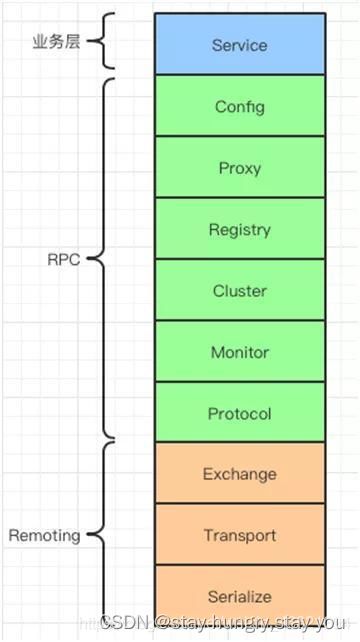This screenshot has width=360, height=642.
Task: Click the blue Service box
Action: pyautogui.click(x=240, y=44)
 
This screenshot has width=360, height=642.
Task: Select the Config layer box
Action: pyautogui.click(x=240, y=106)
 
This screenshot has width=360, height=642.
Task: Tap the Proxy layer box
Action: pyautogui.click(x=240, y=167)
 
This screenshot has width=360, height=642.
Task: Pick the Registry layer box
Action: pyautogui.click(x=240, y=228)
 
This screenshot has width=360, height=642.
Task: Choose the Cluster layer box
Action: pyautogui.click(x=240, y=290)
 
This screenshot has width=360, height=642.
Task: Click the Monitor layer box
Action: pyautogui.click(x=240, y=351)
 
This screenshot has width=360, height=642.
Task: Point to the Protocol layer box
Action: pyautogui.click(x=240, y=412)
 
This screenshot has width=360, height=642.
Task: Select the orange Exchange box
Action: pyautogui.click(x=240, y=473)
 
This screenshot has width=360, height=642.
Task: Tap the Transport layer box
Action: pyautogui.click(x=240, y=534)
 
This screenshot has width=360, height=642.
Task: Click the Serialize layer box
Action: pyautogui.click(x=240, y=596)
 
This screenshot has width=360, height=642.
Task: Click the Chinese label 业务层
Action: pyautogui.click(x=57, y=42)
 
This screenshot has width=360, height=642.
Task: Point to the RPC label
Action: pyautogui.click(x=64, y=260)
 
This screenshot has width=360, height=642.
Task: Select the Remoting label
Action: pyautogui.click(x=45, y=536)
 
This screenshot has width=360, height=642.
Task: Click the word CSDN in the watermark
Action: pyautogui.click(x=124, y=623)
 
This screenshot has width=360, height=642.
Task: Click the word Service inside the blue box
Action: pyautogui.click(x=240, y=45)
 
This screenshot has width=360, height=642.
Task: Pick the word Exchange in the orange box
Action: pyautogui.click(x=240, y=474)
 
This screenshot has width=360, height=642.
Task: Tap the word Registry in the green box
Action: pyautogui.click(x=240, y=230)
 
